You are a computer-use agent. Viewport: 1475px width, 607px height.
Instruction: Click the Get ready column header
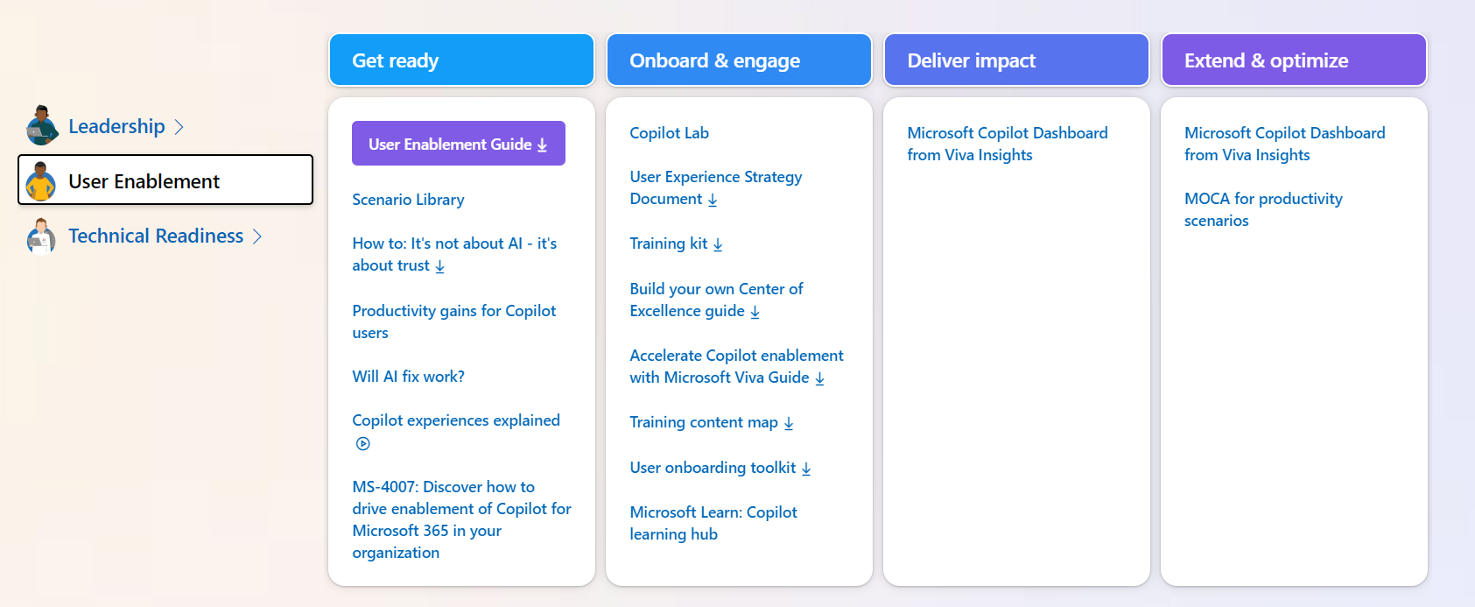coord(461,60)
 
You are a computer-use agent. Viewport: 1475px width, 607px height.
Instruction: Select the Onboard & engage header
coord(738,60)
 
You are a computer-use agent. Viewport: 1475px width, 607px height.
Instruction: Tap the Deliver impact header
coord(1015,60)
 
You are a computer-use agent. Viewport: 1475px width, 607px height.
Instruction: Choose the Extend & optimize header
coord(1293,60)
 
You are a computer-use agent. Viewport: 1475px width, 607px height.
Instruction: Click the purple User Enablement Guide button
coord(458,144)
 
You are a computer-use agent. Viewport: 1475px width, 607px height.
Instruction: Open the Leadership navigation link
coord(116,126)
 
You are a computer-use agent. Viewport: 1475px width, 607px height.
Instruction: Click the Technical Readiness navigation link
coord(156,236)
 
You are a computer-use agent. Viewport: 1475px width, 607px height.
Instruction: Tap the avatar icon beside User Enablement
coord(40,180)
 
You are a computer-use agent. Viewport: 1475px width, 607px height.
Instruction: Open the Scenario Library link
coord(408,200)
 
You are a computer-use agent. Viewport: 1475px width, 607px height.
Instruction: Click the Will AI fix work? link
coord(408,377)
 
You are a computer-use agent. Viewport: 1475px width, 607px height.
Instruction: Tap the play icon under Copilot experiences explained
coord(363,443)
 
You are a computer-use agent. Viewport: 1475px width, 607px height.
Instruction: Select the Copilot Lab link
coord(669,133)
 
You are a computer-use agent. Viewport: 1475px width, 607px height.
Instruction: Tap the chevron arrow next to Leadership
coord(179,127)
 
